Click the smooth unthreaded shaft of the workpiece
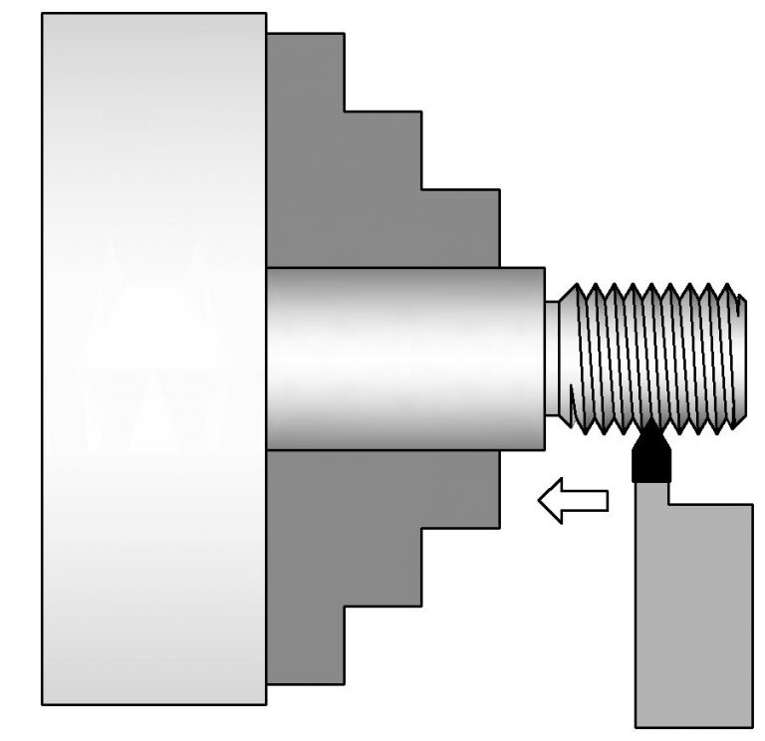click(403, 359)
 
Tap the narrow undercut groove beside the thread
click(553, 359)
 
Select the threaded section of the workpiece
click(652, 357)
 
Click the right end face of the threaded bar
click(743, 357)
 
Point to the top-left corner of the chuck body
click(43, 14)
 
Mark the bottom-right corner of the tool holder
click(750, 724)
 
